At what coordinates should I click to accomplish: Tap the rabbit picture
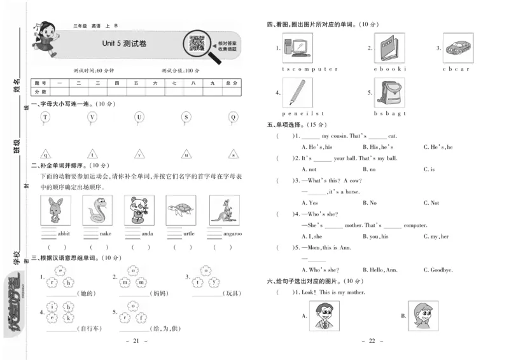tap(55, 210)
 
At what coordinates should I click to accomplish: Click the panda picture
tap(139, 210)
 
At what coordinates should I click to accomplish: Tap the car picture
tap(456, 48)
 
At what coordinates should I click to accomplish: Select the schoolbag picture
tap(389, 93)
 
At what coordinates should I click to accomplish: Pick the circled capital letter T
tap(45, 117)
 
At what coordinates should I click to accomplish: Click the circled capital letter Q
tap(233, 117)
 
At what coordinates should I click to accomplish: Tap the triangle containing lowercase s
tap(233, 154)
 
